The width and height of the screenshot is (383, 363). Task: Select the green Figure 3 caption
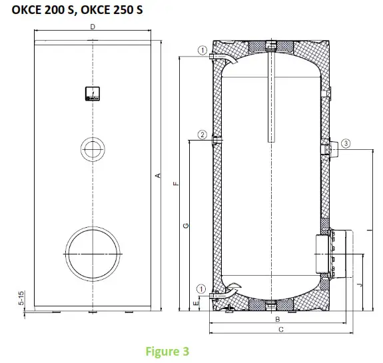click(x=168, y=350)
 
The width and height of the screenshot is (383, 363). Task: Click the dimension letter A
click(x=158, y=175)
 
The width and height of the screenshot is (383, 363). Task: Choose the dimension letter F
click(x=175, y=183)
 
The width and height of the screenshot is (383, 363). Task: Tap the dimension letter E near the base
click(x=194, y=302)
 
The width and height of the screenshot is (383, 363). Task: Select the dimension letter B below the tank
click(x=276, y=320)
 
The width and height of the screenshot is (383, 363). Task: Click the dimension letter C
click(x=281, y=330)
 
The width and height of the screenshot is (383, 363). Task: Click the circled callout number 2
click(x=202, y=135)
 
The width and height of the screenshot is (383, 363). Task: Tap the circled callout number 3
click(x=346, y=143)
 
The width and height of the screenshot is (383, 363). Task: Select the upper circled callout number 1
click(x=202, y=50)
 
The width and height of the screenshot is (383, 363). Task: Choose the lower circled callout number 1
click(x=202, y=288)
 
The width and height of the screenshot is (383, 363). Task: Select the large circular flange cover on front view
click(x=93, y=254)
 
